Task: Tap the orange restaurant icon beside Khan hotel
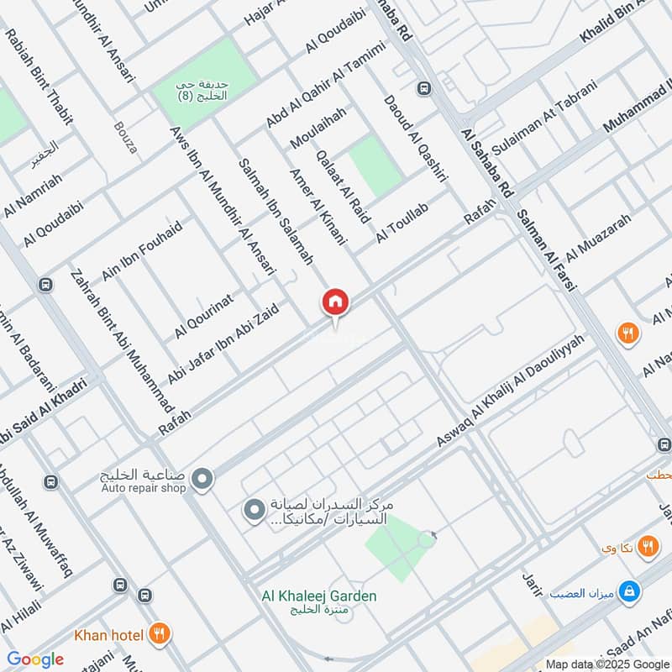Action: tap(159, 634)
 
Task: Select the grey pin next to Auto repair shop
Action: tap(202, 480)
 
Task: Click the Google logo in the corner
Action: tap(35, 659)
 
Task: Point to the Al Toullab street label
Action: tap(402, 223)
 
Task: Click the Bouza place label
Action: tap(125, 139)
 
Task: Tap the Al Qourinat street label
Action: tap(203, 316)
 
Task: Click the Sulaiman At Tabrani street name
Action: tap(544, 118)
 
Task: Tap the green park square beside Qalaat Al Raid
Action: tap(375, 166)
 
